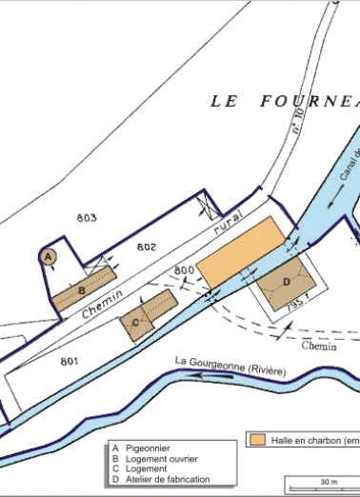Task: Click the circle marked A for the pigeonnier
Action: tap(49, 255)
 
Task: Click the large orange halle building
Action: tap(243, 249)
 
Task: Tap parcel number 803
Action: tap(87, 218)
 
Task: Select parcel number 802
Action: tap(146, 247)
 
